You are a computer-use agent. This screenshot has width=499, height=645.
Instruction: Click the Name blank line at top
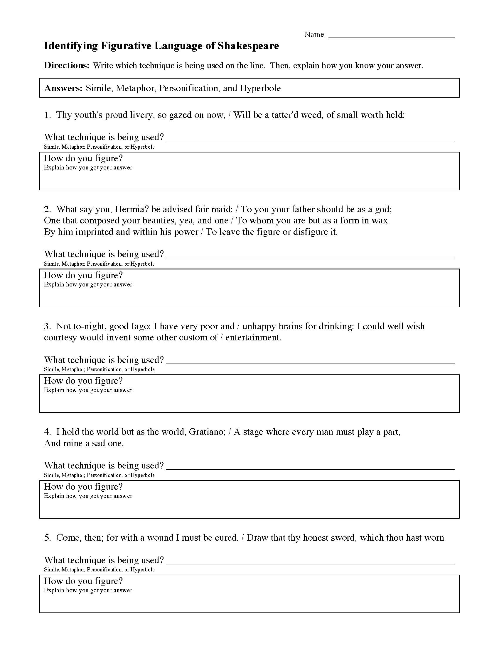click(391, 37)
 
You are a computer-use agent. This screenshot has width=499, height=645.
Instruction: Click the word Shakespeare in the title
click(248, 46)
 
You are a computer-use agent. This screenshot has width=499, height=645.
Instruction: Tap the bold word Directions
click(67, 66)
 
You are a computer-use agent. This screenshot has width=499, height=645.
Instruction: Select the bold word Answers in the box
click(63, 88)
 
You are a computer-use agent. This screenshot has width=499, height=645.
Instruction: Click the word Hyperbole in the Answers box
click(260, 88)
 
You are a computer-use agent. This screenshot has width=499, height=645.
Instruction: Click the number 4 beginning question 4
click(47, 432)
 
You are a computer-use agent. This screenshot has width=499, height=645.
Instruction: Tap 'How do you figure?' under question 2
click(83, 276)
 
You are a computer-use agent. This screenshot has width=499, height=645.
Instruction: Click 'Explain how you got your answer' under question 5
click(88, 591)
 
